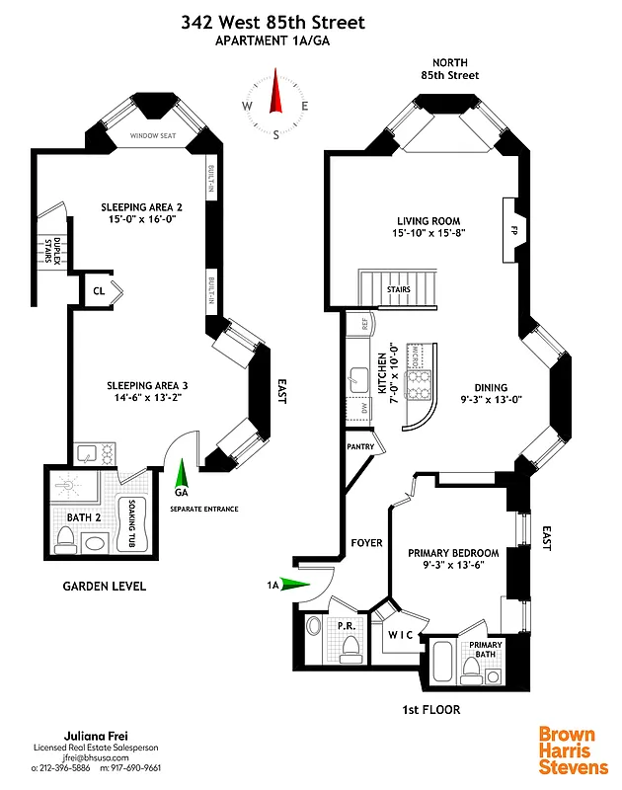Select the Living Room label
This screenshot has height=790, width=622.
coord(428,221)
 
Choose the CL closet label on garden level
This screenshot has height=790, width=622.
coord(99,290)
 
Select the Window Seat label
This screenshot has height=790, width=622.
coord(154,136)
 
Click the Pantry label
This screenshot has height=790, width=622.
coord(358,446)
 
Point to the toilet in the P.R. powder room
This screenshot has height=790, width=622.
coord(350,648)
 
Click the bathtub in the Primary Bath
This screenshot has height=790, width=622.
coord(444,662)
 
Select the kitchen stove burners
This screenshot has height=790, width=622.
coord(422,380)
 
